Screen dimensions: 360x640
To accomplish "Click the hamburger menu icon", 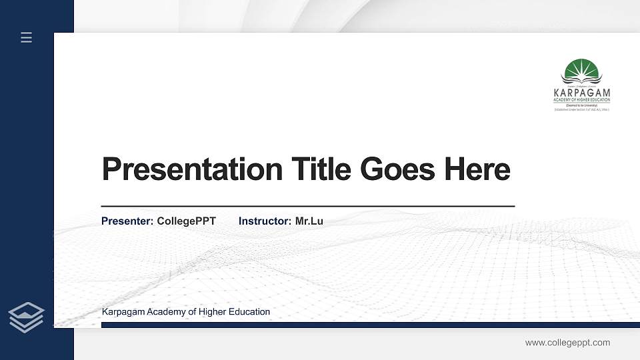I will click(x=26, y=37).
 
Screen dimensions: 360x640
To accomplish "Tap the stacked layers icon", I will click(x=27, y=316).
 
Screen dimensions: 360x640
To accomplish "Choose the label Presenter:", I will click(x=127, y=221).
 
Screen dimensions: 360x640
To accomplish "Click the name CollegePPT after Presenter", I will click(x=187, y=221).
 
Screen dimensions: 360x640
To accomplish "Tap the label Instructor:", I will click(x=265, y=221).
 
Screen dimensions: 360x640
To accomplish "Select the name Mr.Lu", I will click(x=309, y=221).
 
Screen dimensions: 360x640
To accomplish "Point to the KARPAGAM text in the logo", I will click(x=581, y=92).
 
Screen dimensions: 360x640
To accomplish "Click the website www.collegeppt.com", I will click(x=567, y=343).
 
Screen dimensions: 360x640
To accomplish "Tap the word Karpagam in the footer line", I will click(x=123, y=311).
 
